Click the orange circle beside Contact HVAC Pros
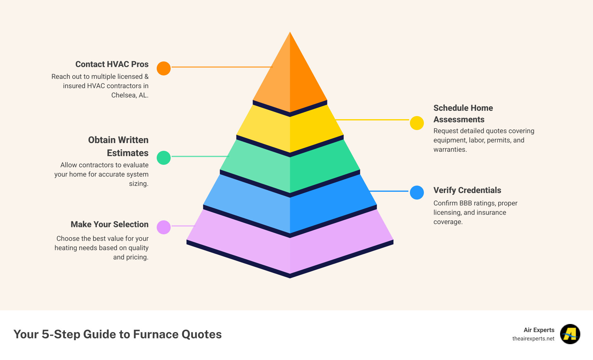[164, 68]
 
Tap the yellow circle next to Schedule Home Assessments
[417, 123]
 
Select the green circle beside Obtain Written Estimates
[164, 158]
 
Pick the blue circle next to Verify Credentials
[417, 192]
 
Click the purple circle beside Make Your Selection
[164, 227]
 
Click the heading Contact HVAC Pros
[112, 64]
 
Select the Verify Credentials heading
[467, 190]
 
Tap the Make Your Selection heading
[109, 224]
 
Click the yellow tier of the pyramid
[290, 130]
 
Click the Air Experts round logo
[570, 334]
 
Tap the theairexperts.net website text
[533, 339]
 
